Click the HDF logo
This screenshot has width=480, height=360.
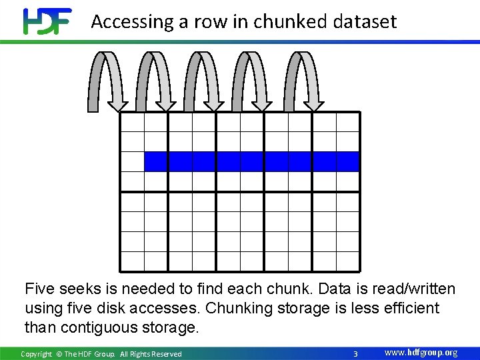47,21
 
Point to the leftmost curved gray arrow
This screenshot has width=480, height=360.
107,80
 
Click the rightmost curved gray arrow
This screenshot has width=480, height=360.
303,80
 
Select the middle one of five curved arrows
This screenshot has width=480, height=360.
205,80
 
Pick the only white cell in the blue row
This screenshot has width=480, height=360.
133,162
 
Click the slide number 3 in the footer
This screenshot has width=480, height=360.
355,353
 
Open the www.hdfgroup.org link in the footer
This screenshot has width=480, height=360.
421,353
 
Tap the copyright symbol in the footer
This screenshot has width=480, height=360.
59,354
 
